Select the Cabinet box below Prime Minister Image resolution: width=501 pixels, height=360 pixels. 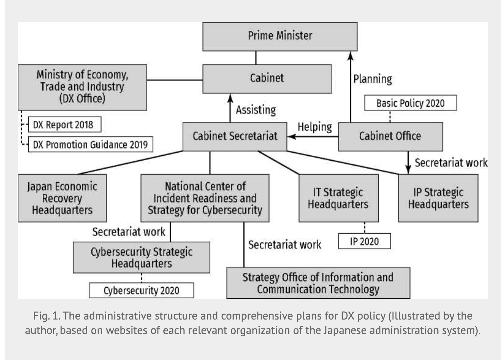(x=267, y=79)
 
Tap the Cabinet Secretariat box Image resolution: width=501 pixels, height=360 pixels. (x=235, y=136)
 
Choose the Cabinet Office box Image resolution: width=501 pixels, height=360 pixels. (x=390, y=136)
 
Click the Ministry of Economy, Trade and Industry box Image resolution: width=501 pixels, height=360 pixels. (x=82, y=87)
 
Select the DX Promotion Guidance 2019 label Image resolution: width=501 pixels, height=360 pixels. (x=90, y=144)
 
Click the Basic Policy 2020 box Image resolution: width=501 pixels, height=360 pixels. (x=410, y=103)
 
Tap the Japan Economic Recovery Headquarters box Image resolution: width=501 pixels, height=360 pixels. (x=62, y=198)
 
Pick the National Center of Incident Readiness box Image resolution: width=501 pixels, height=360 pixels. (x=205, y=198)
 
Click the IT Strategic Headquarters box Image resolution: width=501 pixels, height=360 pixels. (x=338, y=198)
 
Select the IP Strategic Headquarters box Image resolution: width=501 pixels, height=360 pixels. (x=438, y=198)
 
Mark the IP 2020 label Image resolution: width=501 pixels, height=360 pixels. (x=364, y=242)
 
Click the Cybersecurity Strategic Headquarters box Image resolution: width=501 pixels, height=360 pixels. (x=141, y=258)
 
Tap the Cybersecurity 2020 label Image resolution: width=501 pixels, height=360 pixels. (x=141, y=291)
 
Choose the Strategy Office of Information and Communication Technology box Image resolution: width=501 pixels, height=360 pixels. (x=318, y=283)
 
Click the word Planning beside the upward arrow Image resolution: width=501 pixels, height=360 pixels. (x=373, y=79)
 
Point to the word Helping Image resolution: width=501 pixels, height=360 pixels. (x=315, y=127)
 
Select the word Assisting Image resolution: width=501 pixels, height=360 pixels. (x=256, y=110)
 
